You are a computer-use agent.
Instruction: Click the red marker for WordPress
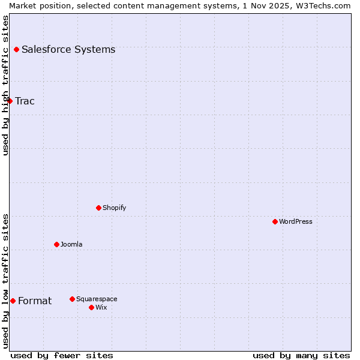[275, 221]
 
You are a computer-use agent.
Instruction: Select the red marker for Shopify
[98, 208]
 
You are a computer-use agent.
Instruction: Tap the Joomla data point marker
[56, 244]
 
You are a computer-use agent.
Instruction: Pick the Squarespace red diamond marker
[72, 299]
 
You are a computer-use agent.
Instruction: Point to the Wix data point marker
[91, 307]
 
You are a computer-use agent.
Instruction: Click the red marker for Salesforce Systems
[16, 49]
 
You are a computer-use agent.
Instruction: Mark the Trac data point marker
[10, 101]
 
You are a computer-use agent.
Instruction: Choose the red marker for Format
[13, 301]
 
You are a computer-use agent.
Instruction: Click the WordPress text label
[296, 221]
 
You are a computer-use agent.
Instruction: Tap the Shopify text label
[115, 208]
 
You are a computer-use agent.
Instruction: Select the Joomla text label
[71, 244]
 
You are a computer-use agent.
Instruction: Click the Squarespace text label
[97, 299]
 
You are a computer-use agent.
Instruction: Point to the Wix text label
[101, 307]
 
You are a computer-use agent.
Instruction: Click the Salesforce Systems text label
[68, 49]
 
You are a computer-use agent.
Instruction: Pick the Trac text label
[25, 101]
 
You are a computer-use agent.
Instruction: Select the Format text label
[35, 301]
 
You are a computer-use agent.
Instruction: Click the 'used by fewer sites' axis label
[62, 355]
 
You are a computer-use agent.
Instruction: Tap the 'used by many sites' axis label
[301, 355]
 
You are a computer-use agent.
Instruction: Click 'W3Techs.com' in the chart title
[326, 5]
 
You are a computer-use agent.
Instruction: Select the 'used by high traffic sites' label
[5, 85]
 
